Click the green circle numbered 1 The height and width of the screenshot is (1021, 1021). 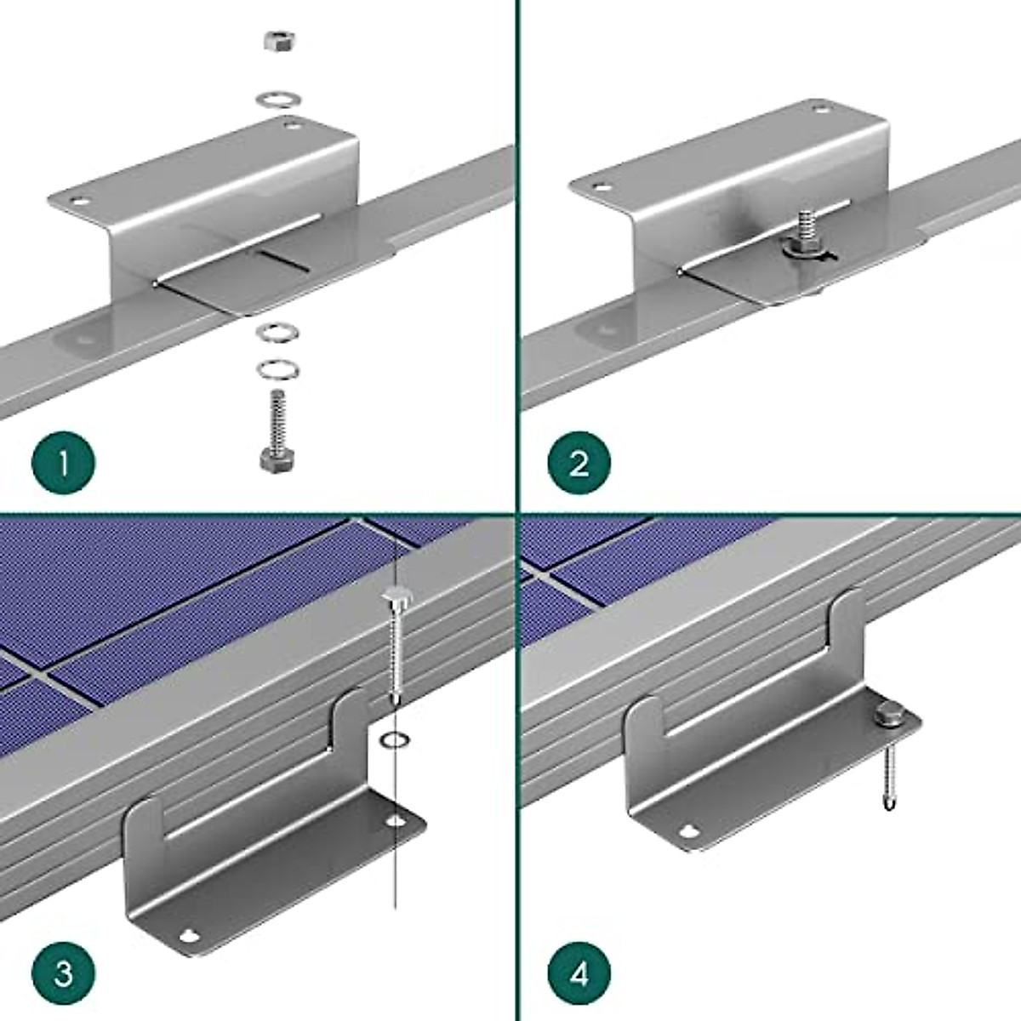click(x=64, y=465)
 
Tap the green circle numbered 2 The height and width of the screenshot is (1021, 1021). click(x=579, y=465)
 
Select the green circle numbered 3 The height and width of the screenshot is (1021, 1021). click(x=64, y=972)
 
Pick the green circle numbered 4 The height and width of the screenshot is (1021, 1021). click(x=579, y=972)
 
